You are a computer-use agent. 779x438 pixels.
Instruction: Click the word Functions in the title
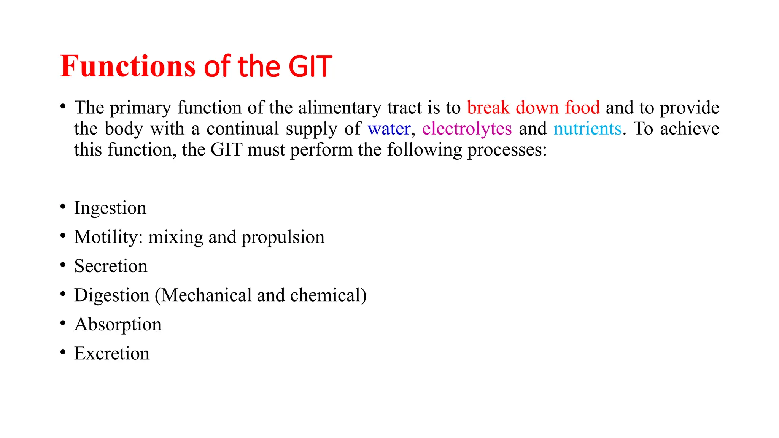(x=128, y=66)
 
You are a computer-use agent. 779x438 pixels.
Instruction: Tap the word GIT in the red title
(x=310, y=66)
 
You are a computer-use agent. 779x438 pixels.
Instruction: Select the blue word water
(x=389, y=129)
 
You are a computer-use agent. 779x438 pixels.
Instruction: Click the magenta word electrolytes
(x=467, y=129)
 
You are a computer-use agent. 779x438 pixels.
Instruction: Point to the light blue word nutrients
(x=587, y=129)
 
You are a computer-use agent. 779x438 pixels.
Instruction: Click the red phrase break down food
(x=533, y=108)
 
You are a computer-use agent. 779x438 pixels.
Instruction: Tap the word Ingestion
(x=110, y=208)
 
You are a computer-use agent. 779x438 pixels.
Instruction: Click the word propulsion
(x=283, y=237)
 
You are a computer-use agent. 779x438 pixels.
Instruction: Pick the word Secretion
(x=111, y=266)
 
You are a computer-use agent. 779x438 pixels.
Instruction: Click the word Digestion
(x=112, y=295)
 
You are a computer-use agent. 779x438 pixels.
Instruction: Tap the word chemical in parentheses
(x=326, y=295)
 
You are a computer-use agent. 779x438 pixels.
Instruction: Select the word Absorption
(x=118, y=324)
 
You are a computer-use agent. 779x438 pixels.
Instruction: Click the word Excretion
(x=112, y=353)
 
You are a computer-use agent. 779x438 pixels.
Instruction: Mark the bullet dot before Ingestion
(x=63, y=206)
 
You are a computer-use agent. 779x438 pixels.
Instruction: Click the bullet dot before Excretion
(x=63, y=352)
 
